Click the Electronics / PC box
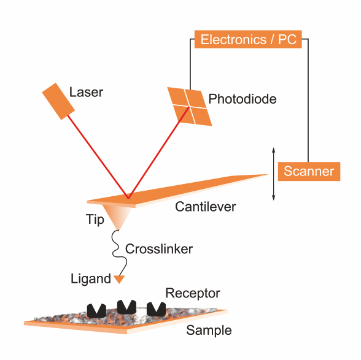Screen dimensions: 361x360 tap(248, 39)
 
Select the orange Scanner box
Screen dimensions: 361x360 tap(309, 171)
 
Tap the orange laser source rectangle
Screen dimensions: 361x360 tap(58, 101)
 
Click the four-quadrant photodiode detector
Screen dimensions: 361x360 tap(190, 107)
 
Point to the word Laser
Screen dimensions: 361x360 tap(86, 92)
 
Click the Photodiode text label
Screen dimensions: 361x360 tap(243, 99)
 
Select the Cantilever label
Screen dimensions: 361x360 tap(205, 207)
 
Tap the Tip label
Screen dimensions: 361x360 tap(95, 219)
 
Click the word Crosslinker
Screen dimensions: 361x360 tap(159, 249)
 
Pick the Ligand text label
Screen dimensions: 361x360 tap(91, 279)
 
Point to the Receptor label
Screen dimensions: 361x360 tap(193, 293)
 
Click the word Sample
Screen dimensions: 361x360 tap(209, 331)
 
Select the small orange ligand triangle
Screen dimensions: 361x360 tap(119, 279)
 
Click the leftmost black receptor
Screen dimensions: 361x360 tap(96, 311)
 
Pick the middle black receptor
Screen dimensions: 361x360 tap(126, 307)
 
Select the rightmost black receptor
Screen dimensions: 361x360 tap(157, 309)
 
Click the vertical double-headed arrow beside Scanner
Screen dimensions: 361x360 tap(274, 174)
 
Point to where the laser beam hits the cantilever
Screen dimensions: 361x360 tap(128, 198)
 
